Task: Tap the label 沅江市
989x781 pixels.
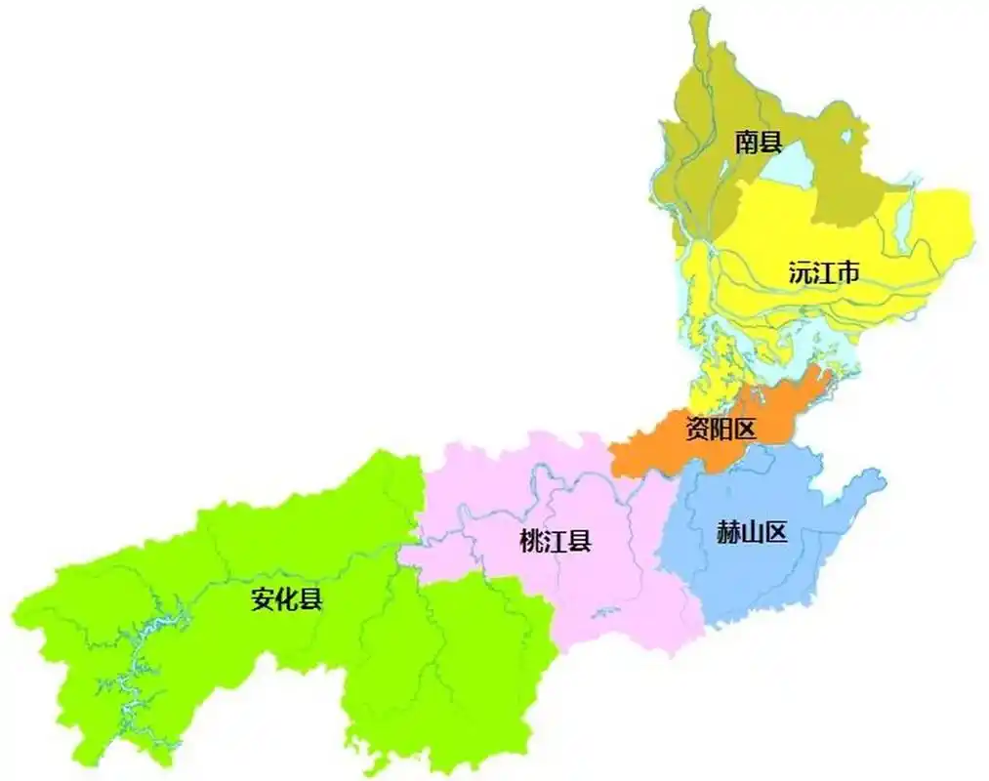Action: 824,273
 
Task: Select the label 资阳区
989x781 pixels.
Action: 721,428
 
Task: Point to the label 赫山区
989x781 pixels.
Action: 752,534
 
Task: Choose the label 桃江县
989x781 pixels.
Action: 556,542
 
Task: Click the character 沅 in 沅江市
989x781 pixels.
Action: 801,273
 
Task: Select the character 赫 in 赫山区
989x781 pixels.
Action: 728,534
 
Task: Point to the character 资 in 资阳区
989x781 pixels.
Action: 697,428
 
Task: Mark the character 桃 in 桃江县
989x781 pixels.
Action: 533,542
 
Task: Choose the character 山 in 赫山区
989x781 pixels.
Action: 752,534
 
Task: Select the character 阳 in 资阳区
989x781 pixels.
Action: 721,428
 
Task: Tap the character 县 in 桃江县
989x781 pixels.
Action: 580,542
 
